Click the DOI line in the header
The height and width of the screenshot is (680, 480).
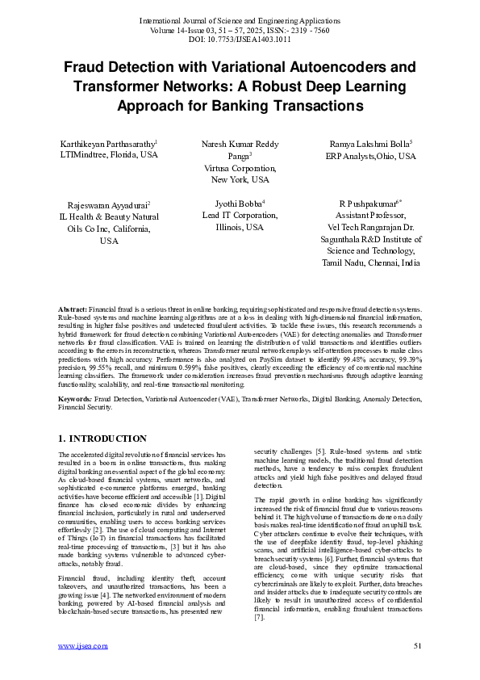pyautogui.click(x=240, y=39)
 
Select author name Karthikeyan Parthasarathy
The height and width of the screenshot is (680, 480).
pyautogui.click(x=107, y=144)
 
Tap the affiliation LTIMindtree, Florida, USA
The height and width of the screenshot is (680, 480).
pyautogui.click(x=109, y=155)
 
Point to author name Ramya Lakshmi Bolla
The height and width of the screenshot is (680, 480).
pyautogui.click(x=369, y=144)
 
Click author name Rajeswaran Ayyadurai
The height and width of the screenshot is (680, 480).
pyautogui.click(x=107, y=206)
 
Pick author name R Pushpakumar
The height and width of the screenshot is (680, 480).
pyautogui.click(x=369, y=206)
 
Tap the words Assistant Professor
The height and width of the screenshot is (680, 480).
pyautogui.click(x=371, y=217)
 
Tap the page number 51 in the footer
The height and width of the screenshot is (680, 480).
pyautogui.click(x=417, y=646)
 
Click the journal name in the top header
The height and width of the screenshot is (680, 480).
pyautogui.click(x=240, y=19)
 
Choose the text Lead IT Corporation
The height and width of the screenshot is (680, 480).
pyautogui.click(x=240, y=216)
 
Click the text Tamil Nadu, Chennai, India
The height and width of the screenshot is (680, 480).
pyautogui.click(x=371, y=263)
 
